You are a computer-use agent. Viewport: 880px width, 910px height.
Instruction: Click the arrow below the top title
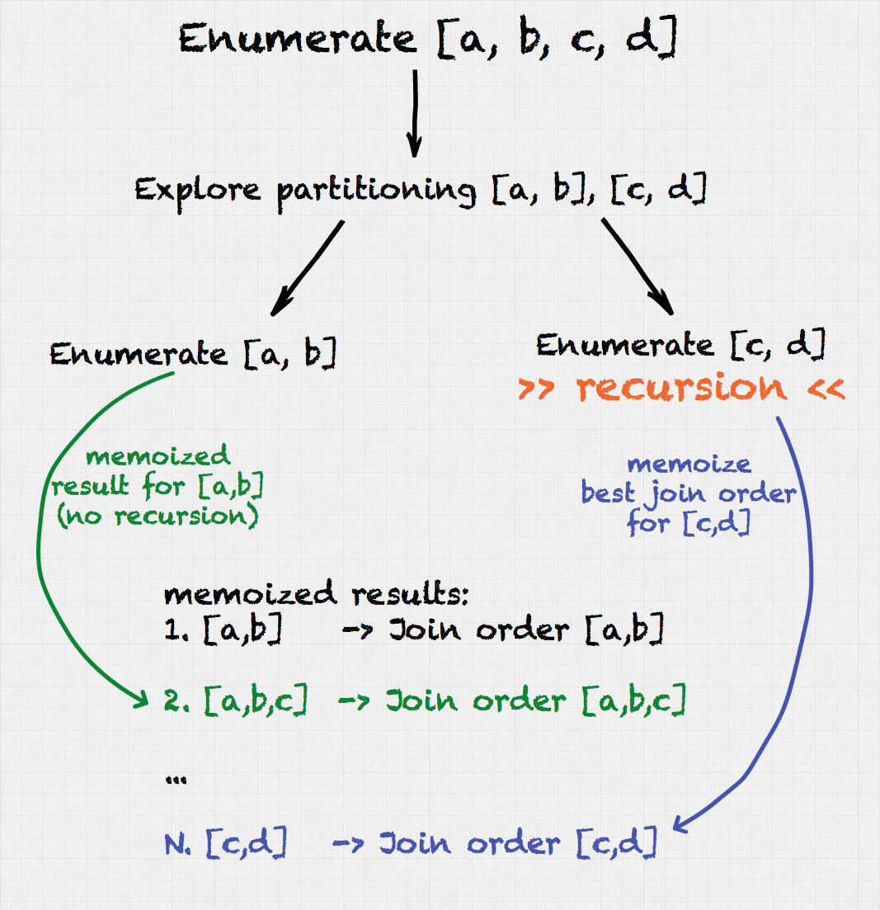pos(414,114)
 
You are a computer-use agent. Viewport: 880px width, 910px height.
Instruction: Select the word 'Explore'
pos(197,191)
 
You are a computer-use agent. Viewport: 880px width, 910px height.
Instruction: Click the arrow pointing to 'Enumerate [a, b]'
pos(308,268)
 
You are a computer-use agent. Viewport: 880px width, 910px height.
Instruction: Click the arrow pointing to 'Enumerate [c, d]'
pos(637,266)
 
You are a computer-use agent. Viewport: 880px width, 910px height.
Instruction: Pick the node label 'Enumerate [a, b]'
pos(193,353)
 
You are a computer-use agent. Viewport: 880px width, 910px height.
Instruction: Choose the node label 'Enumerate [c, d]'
pos(680,346)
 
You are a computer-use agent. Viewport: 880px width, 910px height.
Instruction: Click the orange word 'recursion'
pos(681,388)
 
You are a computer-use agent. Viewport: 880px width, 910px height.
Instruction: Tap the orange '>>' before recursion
pos(536,389)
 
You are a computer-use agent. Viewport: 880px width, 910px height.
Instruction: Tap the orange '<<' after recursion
pos(826,389)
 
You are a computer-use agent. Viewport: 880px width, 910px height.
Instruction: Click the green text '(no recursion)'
pos(158,516)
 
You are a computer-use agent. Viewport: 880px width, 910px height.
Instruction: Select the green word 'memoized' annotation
pos(158,456)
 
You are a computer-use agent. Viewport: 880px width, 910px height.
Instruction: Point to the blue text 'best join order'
pos(689,494)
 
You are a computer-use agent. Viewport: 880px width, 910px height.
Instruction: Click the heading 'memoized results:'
pos(316,594)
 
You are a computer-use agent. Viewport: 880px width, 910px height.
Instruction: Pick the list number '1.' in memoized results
pos(176,629)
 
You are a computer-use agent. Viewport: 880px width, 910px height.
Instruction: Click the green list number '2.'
pos(176,701)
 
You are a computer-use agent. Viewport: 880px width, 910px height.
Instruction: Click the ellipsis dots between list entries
pos(176,780)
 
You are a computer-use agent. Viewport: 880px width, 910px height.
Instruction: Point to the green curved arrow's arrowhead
pos(141,698)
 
